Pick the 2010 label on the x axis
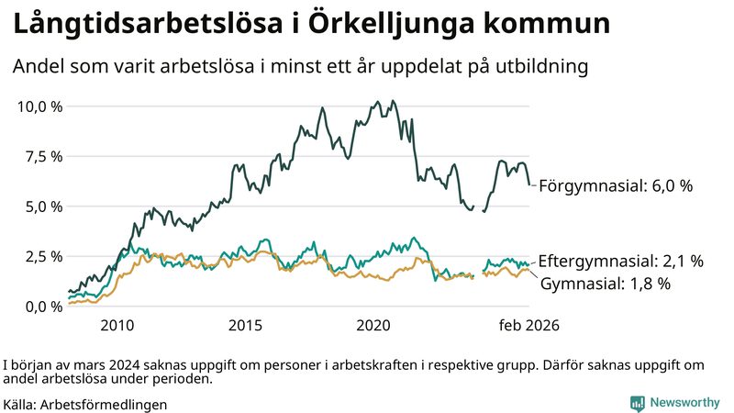[x=117, y=326]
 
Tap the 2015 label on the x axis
[x=246, y=326]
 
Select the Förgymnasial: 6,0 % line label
[x=615, y=185]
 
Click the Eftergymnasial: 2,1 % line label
[x=620, y=261]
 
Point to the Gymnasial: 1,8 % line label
[x=606, y=284]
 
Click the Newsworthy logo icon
[x=637, y=402]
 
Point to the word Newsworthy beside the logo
[x=685, y=402]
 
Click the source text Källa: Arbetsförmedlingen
[x=85, y=403]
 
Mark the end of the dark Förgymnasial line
[x=529, y=184]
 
